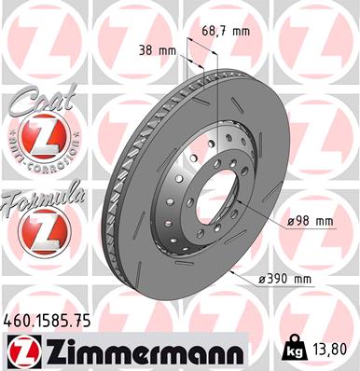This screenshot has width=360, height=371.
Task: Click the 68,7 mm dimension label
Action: pos(227,32)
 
